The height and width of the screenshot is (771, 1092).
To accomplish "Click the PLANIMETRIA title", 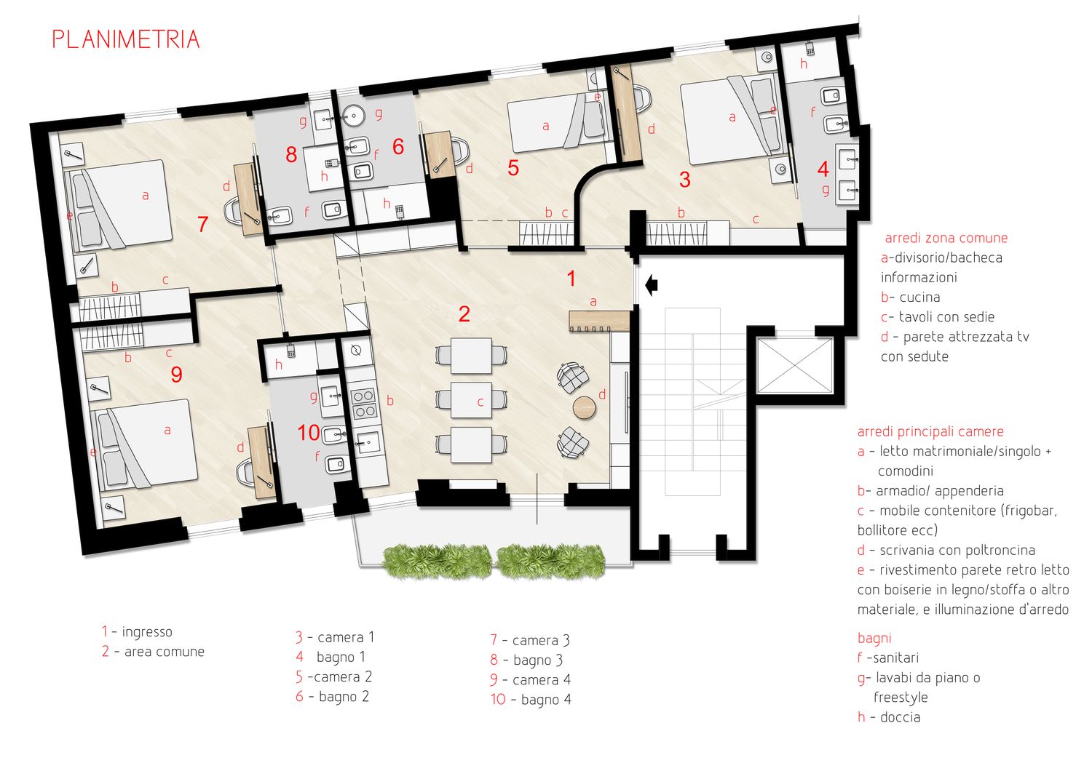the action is click(x=126, y=39).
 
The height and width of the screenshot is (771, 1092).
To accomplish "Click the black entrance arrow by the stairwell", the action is click(x=652, y=285).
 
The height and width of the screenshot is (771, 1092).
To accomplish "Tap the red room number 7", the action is click(x=203, y=224).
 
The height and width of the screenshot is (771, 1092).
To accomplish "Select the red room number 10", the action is click(x=309, y=433).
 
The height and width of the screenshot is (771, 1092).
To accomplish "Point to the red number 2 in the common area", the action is click(x=464, y=314).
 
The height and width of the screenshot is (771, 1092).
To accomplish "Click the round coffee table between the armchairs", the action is click(x=584, y=407).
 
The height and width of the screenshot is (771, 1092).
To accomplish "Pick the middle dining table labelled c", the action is click(x=471, y=400).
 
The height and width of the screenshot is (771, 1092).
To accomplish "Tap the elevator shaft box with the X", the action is click(x=794, y=366).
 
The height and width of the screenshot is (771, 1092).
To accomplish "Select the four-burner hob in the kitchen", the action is click(x=364, y=404).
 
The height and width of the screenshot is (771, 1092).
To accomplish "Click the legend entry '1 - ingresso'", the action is click(x=137, y=631).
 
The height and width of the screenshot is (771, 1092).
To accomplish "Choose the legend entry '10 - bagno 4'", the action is click(x=531, y=700).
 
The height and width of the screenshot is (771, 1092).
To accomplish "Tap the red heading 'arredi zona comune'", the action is click(x=946, y=238).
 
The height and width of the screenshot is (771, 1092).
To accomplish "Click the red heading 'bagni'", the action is click(x=874, y=638).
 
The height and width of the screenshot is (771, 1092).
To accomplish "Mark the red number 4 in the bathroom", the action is click(x=823, y=169).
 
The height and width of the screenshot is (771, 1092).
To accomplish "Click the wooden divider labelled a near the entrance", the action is click(x=599, y=321).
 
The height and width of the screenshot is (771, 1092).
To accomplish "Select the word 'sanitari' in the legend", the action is click(x=896, y=658).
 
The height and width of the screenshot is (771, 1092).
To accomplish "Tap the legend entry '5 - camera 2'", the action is click(x=334, y=677).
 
